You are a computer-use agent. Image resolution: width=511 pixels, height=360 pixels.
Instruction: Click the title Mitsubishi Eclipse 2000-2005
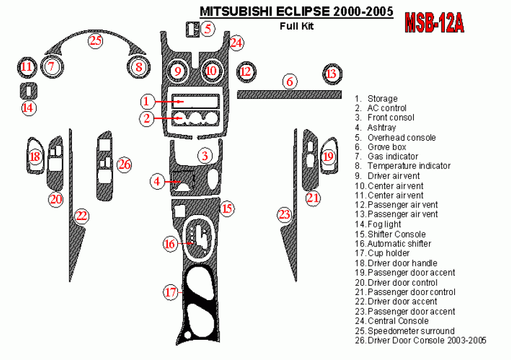(x=297, y=12)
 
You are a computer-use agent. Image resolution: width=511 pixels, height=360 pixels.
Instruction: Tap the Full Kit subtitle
(x=297, y=26)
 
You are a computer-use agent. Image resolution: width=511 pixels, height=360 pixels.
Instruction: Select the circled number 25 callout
(x=95, y=41)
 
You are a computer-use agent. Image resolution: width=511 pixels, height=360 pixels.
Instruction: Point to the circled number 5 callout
(x=208, y=28)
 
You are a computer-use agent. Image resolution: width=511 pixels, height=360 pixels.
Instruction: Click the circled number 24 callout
(x=236, y=43)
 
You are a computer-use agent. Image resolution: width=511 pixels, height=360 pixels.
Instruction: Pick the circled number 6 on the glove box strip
(x=290, y=82)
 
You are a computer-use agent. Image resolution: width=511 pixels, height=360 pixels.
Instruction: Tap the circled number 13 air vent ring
(x=332, y=74)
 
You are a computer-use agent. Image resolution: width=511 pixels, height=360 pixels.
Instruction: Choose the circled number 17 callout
(x=171, y=292)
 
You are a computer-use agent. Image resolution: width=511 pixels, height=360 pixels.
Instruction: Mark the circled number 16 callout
(x=170, y=243)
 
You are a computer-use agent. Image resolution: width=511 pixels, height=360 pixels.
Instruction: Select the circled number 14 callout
(x=28, y=108)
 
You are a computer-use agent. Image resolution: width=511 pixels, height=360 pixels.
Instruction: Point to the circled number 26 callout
(x=124, y=165)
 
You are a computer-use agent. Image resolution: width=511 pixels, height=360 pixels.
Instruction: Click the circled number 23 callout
(x=285, y=215)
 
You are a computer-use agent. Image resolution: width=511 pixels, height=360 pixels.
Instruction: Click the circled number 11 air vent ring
(x=26, y=67)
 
